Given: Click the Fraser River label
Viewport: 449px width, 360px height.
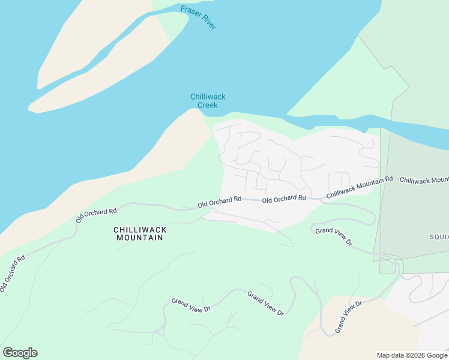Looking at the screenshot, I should (x=198, y=17).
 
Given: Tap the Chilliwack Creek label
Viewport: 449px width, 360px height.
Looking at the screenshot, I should (x=208, y=101).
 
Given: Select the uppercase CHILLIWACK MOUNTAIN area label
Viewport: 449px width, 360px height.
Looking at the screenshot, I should (x=140, y=233).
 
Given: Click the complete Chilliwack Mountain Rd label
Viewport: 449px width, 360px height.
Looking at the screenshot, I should (x=359, y=188).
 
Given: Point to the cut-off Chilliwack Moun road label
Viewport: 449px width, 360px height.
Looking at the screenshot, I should (x=424, y=180).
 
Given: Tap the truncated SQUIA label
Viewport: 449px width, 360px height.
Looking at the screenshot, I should (x=439, y=236).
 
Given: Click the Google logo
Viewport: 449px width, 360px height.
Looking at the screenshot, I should (x=20, y=353).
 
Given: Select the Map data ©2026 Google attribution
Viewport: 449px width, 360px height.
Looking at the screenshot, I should (x=412, y=355).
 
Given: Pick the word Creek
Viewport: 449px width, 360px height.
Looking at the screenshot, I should (x=208, y=105).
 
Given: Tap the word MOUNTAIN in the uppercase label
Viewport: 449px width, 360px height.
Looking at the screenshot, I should (x=140, y=238).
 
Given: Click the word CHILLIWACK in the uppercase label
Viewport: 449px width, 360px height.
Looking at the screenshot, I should (x=140, y=229).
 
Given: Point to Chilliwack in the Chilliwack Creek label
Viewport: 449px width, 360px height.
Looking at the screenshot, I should (x=208, y=97).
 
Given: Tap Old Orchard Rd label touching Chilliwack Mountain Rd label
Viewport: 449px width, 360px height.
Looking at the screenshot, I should (x=285, y=199).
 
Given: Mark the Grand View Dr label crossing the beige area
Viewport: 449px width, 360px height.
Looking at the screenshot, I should (x=349, y=317).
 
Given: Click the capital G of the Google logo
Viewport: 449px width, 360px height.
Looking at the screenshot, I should (x=8, y=353).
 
